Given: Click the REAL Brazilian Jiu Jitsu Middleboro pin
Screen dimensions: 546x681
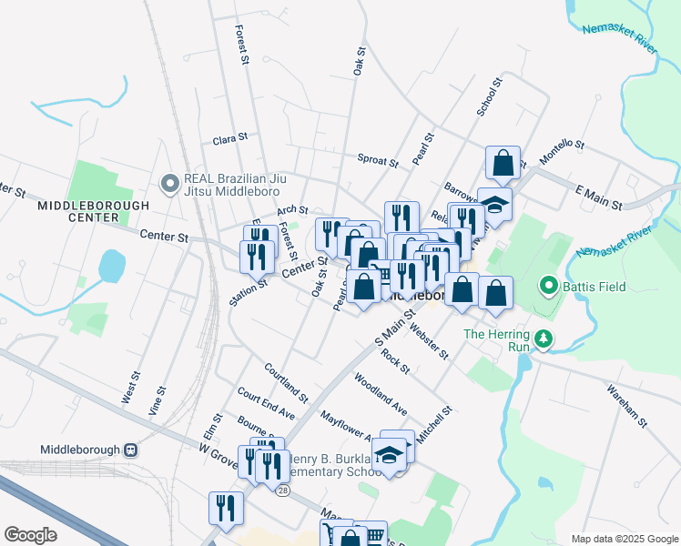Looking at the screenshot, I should (x=169, y=184).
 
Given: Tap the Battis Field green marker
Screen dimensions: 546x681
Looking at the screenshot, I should (x=548, y=287).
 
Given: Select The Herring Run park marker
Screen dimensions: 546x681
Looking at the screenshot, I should (x=544, y=339).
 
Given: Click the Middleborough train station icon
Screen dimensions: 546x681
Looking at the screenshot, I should (x=131, y=450).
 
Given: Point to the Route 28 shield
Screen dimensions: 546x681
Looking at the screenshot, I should (x=282, y=490).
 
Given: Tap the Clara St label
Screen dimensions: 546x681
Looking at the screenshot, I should (x=229, y=139).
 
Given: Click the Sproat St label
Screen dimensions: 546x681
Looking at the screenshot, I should (x=378, y=161).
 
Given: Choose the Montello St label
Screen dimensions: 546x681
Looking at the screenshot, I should (x=561, y=150).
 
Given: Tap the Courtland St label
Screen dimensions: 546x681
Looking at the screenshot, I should (x=287, y=382).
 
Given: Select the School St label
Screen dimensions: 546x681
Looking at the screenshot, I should (x=489, y=97).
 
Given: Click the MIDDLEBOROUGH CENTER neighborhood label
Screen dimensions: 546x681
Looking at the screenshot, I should (x=93, y=211).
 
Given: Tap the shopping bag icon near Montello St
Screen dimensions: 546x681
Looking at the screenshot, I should (x=503, y=164).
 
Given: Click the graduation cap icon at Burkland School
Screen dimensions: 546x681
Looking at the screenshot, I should (x=389, y=454).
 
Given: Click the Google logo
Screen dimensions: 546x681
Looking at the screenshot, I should (x=30, y=535).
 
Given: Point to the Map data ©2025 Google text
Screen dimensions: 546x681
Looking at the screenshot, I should (x=624, y=539).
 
